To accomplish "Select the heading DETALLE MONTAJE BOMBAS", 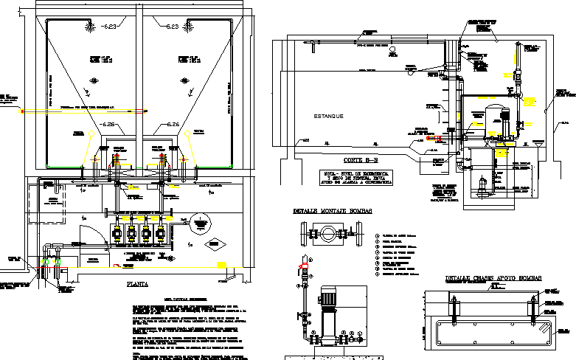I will pyautogui.click(x=333, y=211).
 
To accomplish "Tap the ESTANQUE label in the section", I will pyautogui.click(x=329, y=116).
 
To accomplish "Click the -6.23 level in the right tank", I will pyautogui.click(x=173, y=27).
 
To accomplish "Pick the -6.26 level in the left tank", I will pyautogui.click(x=112, y=124).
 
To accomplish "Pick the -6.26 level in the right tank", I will pyautogui.click(x=172, y=124).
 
